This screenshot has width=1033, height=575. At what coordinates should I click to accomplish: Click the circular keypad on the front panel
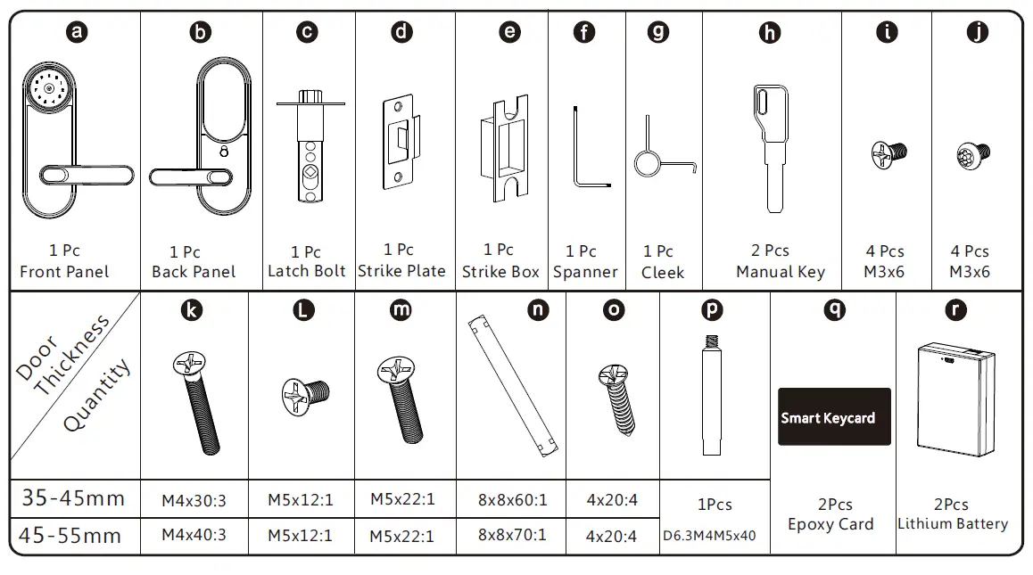coord(43,89)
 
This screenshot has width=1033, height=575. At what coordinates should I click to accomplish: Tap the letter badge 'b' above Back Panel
coord(201,33)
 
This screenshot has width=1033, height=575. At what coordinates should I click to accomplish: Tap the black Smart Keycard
coord(833,416)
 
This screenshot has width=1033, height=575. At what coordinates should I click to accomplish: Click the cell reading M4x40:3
coord(194,535)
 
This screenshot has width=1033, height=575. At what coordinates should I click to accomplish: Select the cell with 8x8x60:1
coord(511,500)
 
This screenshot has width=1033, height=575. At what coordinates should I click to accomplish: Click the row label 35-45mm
coord(74,498)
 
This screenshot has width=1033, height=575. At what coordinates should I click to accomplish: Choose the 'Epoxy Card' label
coord(831,524)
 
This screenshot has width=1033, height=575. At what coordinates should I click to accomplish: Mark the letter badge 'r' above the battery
coord(956,309)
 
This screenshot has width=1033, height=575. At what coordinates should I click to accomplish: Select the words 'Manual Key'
coord(780,272)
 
